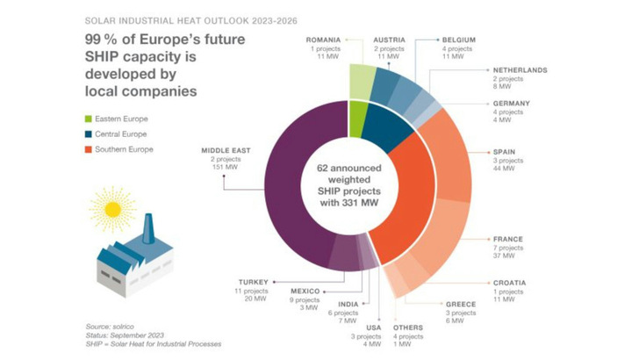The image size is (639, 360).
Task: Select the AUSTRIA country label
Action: (389, 40)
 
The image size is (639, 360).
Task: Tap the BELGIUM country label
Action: (460, 40)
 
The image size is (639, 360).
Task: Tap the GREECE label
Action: (460, 305)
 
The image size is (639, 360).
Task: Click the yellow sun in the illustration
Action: (112, 209)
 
